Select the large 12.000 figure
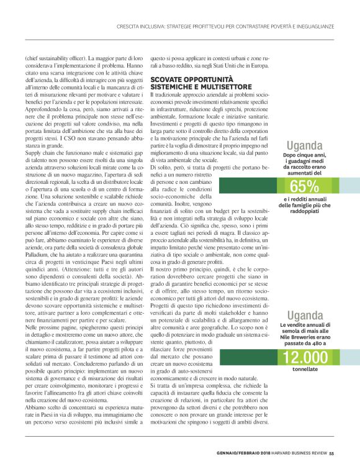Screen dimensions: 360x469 point(304,357)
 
